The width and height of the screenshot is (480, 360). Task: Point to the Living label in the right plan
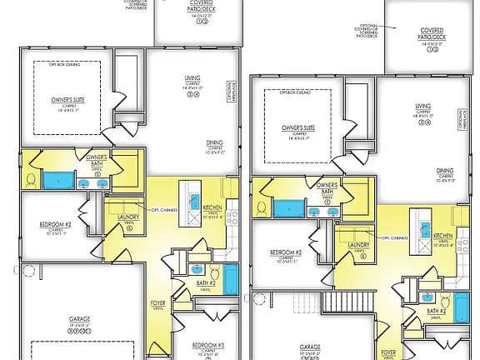click(x=424, y=107)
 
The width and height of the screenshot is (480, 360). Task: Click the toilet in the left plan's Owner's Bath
click(x=31, y=180)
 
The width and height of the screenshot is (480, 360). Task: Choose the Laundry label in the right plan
click(x=359, y=245)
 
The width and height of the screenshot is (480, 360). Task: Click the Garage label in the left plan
click(x=80, y=320)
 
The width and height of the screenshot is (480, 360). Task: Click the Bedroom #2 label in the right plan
click(x=286, y=252)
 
